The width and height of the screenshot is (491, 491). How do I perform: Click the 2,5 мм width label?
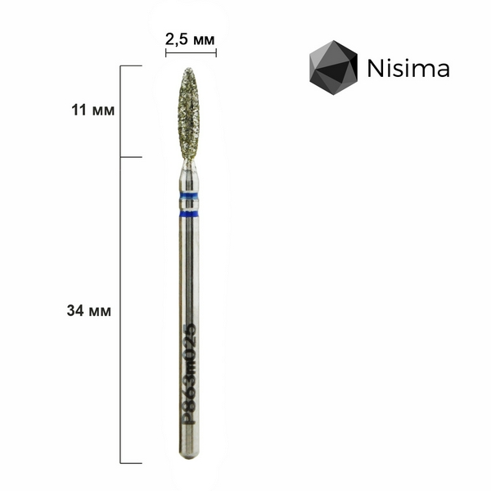(x=190, y=40)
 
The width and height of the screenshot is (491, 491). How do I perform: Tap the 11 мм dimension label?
(x=93, y=110)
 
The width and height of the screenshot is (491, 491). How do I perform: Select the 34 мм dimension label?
(x=89, y=311)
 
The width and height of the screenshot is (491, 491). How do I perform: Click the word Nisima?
(x=408, y=68)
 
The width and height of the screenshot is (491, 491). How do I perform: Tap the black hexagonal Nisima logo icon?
(x=333, y=67)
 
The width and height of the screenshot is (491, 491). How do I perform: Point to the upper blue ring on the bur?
(x=188, y=196)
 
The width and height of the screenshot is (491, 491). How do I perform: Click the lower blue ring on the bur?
(x=188, y=214)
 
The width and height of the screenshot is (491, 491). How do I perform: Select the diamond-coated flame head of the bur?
(x=188, y=115)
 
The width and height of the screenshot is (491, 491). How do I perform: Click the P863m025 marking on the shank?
(x=189, y=374)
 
